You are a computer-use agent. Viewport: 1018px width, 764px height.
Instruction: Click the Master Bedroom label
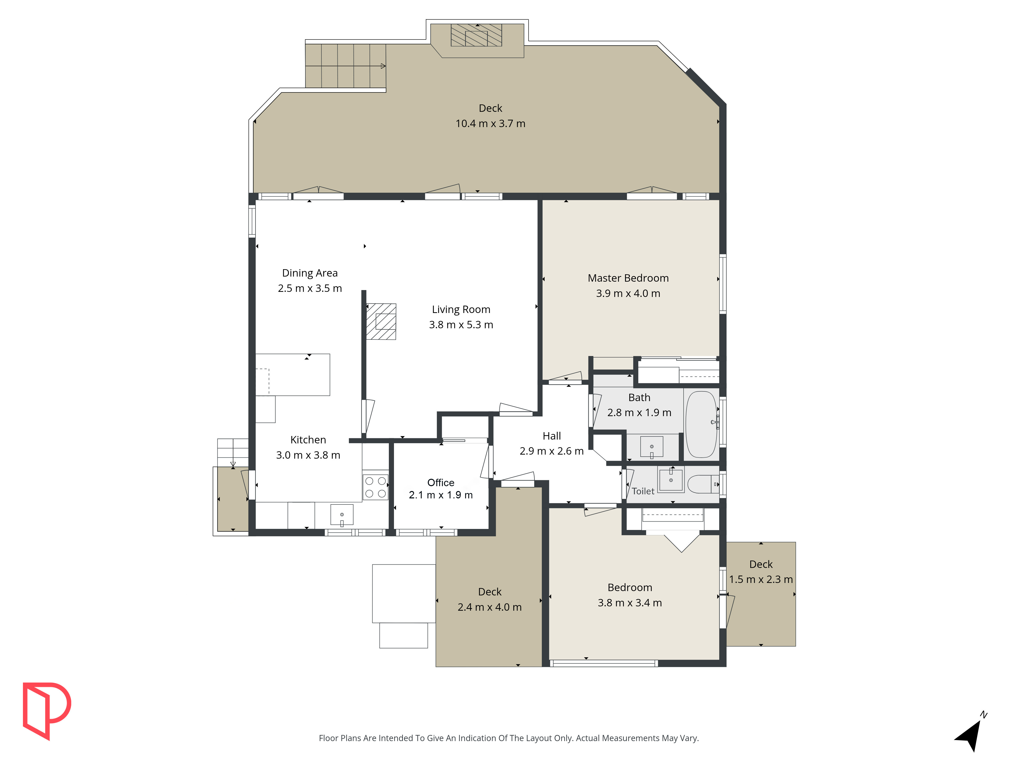(x=628, y=278)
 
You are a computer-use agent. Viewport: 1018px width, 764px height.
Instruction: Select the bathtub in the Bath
(x=701, y=424)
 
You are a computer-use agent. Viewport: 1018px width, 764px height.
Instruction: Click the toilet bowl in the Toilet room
(x=703, y=484)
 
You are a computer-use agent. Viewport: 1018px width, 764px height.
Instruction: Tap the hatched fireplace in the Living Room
(x=381, y=321)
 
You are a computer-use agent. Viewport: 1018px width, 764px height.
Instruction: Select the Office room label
(x=441, y=483)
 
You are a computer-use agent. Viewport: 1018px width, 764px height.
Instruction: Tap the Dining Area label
(x=310, y=273)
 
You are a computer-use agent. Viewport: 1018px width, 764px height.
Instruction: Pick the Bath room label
(x=639, y=398)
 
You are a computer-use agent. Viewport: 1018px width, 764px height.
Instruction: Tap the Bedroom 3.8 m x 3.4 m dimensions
(x=630, y=603)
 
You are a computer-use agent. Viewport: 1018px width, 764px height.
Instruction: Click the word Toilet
(x=643, y=491)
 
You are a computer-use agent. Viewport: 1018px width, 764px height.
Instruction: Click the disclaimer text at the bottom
(x=508, y=738)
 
